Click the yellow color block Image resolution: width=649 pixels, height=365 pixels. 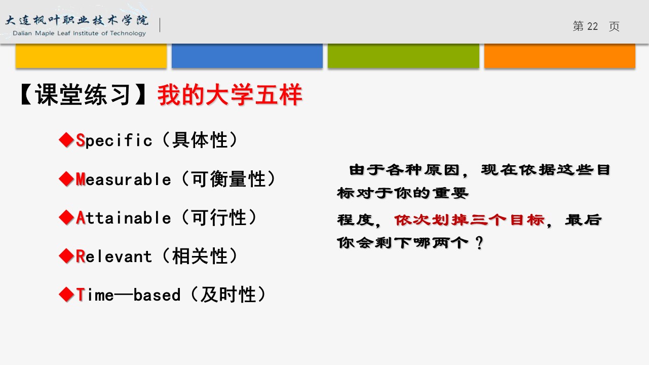(x=91, y=56)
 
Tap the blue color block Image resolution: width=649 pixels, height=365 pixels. (x=247, y=56)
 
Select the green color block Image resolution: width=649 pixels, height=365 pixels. (x=403, y=56)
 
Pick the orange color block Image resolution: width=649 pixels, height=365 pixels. (x=560, y=56)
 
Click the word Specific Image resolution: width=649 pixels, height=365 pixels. (x=114, y=140)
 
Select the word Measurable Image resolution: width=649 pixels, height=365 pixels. (x=123, y=179)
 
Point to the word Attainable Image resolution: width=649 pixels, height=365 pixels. (x=124, y=217)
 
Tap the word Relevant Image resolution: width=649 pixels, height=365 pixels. (x=113, y=257)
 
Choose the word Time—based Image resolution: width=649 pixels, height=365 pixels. (x=128, y=295)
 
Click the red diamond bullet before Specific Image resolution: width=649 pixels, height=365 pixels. (x=66, y=140)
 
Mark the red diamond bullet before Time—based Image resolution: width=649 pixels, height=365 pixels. (x=66, y=295)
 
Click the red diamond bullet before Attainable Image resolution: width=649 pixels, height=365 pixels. (x=66, y=217)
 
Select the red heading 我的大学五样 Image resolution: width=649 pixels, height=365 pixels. (x=230, y=95)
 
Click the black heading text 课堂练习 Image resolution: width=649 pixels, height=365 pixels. (x=83, y=95)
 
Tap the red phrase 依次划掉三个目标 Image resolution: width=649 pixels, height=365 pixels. (x=469, y=220)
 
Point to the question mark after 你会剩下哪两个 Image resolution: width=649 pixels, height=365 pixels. (x=479, y=243)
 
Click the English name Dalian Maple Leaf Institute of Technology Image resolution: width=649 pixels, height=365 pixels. (x=79, y=33)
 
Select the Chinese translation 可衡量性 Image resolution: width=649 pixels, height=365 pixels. (x=228, y=179)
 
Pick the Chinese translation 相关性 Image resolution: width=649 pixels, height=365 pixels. (x=200, y=257)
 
